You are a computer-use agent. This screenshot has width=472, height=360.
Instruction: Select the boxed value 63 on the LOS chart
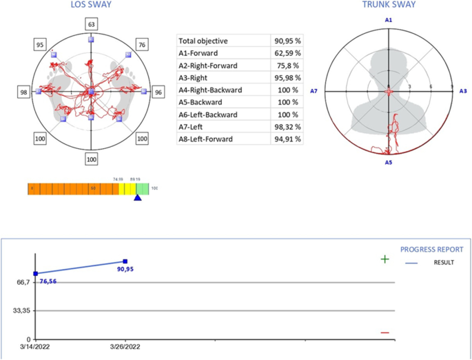coord(91,25)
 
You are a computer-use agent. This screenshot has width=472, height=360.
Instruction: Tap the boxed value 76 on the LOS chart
coord(143,44)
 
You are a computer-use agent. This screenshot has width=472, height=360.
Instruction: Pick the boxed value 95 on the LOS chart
coord(40,45)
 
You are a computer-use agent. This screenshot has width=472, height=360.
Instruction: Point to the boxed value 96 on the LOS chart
coord(158,92)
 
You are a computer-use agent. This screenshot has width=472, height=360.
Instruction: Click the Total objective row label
coord(203,41)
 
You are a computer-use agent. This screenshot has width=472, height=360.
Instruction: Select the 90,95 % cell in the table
coord(286,41)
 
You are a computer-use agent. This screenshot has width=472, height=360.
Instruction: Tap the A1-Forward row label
coord(199,54)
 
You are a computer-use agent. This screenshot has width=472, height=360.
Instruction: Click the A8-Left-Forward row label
coord(207,139)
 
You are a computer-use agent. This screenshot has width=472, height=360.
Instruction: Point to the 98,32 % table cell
coord(286,127)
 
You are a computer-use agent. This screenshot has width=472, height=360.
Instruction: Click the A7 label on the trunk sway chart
coord(314,91)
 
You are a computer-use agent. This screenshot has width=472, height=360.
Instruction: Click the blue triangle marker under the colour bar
coord(137,198)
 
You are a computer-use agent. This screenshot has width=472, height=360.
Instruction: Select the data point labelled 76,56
coord(36,274)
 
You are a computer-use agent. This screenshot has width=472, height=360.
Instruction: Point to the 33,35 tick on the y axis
coord(19,311)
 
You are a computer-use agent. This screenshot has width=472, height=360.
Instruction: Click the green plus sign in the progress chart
coord(384,259)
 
